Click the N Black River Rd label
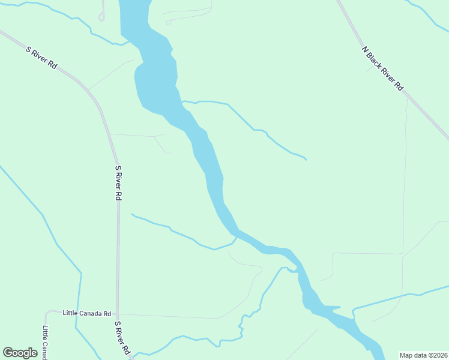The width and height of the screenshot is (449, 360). (x=383, y=68)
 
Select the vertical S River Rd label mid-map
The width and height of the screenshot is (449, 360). (x=119, y=184)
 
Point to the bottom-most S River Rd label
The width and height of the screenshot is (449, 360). (x=122, y=338)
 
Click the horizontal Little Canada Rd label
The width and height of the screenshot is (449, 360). (x=87, y=313)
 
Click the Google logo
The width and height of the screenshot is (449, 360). (x=20, y=353)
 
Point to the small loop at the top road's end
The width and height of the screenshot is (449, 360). (x=101, y=17)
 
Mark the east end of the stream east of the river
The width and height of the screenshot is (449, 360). (x=306, y=160)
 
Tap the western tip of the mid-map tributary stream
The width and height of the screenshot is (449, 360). (x=131, y=214)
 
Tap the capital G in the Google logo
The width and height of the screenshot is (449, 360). (x=8, y=353)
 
